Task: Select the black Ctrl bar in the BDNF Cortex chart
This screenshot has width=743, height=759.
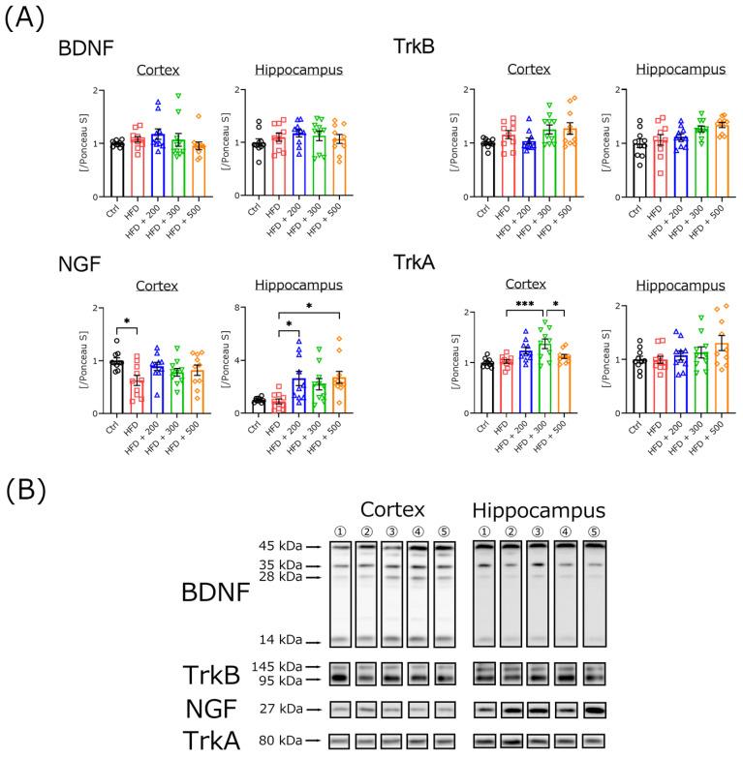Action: (117, 168)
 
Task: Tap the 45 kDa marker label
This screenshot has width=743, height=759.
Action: (271, 546)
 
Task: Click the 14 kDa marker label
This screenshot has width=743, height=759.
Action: (271, 641)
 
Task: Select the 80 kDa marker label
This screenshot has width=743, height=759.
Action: (271, 742)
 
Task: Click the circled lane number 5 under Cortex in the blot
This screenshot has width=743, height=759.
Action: (444, 531)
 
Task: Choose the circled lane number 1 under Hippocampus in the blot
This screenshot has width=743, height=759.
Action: (484, 531)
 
